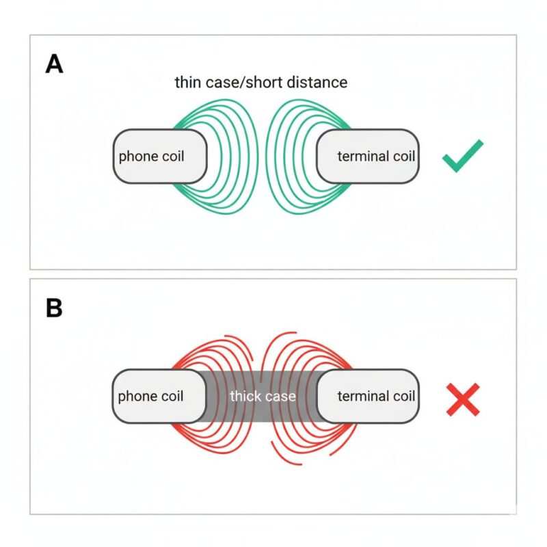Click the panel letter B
[x=54, y=308]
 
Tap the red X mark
[x=463, y=399]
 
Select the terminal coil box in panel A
[x=368, y=156]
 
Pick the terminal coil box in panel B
[x=368, y=396]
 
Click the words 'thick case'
[x=263, y=397]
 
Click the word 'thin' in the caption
[x=187, y=83]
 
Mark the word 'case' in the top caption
[x=222, y=83]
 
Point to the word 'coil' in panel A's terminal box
[x=402, y=157]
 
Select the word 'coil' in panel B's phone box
[x=172, y=397]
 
